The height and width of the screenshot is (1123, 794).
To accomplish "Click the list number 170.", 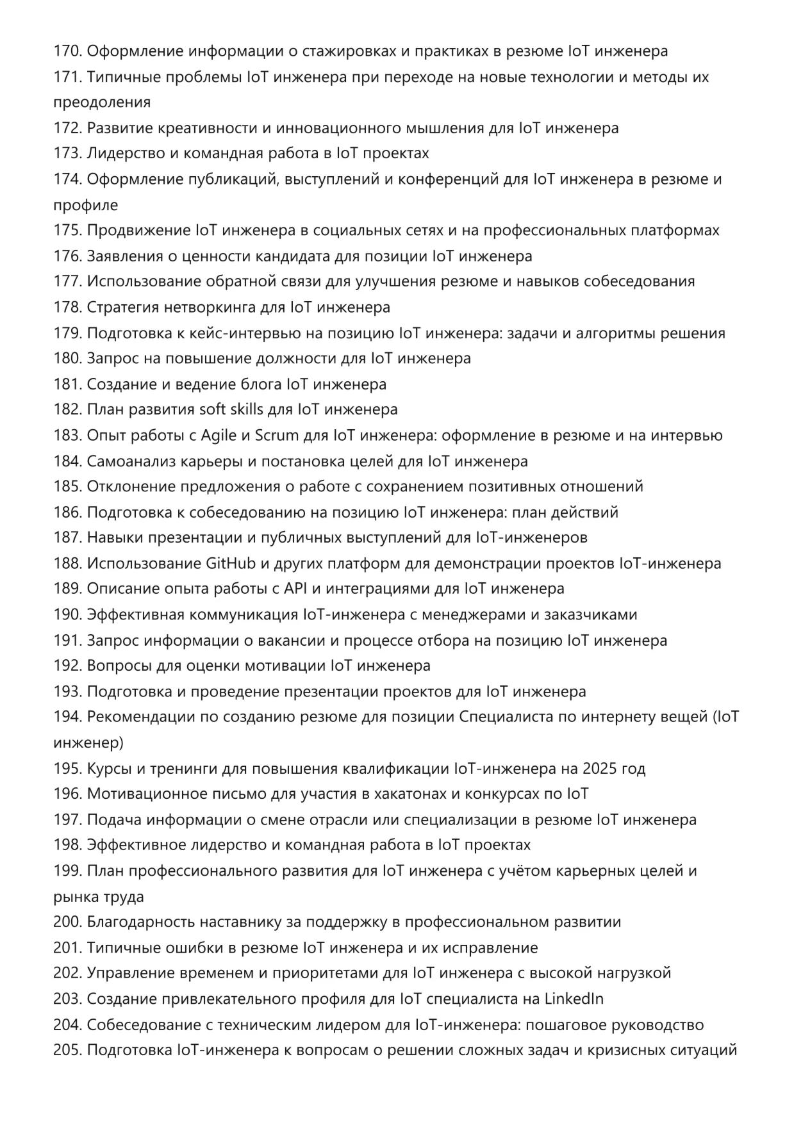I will (x=67, y=51).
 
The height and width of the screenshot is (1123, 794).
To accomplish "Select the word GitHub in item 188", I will (x=230, y=564).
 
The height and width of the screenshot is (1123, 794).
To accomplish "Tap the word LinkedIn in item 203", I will (x=574, y=999).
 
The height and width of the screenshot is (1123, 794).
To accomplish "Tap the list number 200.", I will (x=67, y=922).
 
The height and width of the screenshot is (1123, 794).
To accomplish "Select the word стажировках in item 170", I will (x=344, y=51).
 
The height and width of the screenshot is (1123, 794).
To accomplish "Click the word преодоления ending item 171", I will (x=102, y=102).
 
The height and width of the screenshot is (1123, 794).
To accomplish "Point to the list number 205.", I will (x=67, y=1051).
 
